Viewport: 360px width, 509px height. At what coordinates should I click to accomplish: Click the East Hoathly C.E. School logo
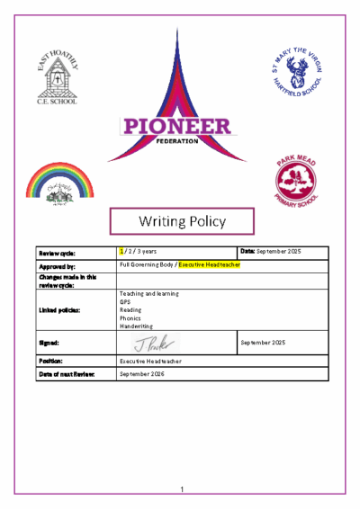click(x=56, y=77)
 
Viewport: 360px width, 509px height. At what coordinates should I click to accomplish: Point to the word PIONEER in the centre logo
click(x=180, y=128)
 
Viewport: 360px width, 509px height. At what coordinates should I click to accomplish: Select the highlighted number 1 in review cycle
click(x=122, y=252)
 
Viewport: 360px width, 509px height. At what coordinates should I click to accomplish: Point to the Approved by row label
click(x=57, y=267)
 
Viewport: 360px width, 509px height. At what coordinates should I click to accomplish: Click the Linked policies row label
click(x=58, y=310)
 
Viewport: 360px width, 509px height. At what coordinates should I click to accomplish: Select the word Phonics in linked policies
click(x=130, y=317)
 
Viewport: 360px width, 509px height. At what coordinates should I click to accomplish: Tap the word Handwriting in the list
click(x=136, y=326)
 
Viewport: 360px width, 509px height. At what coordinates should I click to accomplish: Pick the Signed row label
click(x=49, y=344)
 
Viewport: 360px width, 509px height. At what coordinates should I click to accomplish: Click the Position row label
click(x=51, y=361)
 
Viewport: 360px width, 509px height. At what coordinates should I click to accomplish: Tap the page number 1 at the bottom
click(x=181, y=489)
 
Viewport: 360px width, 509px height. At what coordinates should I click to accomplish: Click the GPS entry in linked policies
click(x=125, y=301)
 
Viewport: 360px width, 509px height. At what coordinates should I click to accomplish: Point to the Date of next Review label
click(x=65, y=373)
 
